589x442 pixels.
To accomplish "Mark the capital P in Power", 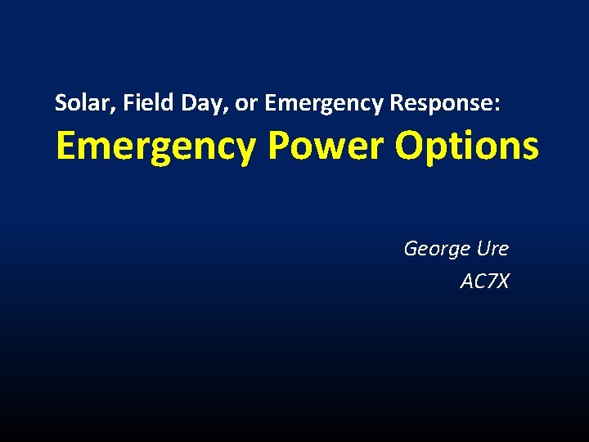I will coord(278,146).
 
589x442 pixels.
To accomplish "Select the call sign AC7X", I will coord(484,282).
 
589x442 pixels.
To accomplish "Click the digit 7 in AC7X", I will coord(488,282).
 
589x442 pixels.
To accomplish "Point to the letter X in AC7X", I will coord(501,282).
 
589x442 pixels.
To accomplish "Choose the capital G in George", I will coord(411,248).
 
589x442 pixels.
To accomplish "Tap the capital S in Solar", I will coord(60,103).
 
